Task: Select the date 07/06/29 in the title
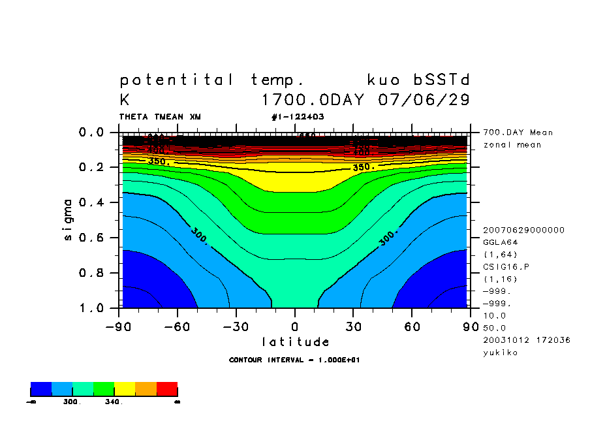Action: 424,100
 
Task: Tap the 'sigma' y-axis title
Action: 69,219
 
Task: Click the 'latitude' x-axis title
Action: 295,342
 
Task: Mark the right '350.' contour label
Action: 364,167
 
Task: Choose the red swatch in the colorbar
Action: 167,389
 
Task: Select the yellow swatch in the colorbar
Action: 125,389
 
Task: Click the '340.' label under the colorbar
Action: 114,402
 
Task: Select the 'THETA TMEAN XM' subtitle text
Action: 160,117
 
